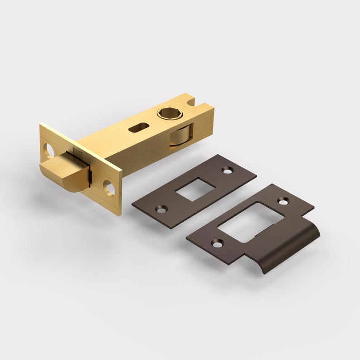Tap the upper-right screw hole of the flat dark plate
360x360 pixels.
click(226, 170)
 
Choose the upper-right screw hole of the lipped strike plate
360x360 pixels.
click(284, 200)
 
